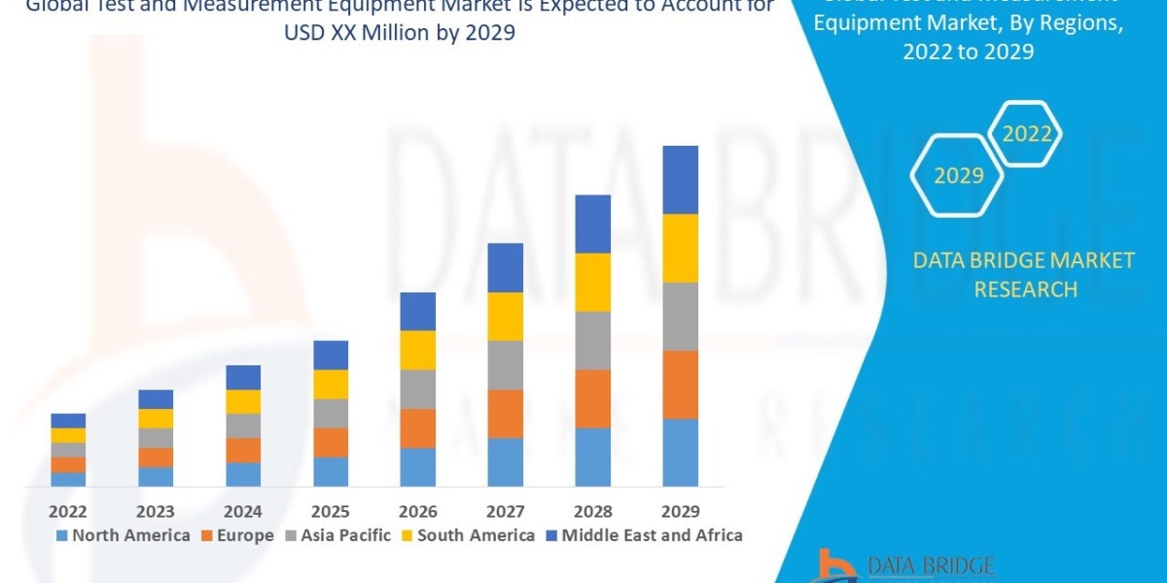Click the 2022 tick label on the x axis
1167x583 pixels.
(68, 511)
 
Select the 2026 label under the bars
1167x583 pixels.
(417, 511)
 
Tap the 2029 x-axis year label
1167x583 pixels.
(680, 511)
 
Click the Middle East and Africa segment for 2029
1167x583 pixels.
(680, 180)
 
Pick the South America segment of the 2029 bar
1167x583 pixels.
(680, 248)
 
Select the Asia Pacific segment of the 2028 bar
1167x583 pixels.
(592, 340)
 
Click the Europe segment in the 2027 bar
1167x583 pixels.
(505, 414)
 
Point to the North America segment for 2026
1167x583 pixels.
(417, 466)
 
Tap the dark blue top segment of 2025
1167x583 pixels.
(331, 355)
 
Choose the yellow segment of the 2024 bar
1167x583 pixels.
(243, 401)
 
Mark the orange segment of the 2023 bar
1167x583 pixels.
(156, 457)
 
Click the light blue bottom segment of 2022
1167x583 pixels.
(68, 479)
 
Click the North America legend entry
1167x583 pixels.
(124, 535)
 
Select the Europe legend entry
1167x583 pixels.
(238, 535)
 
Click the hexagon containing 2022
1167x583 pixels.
(1025, 134)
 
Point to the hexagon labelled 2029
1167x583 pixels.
(958, 176)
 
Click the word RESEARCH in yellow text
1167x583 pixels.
(1025, 290)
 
